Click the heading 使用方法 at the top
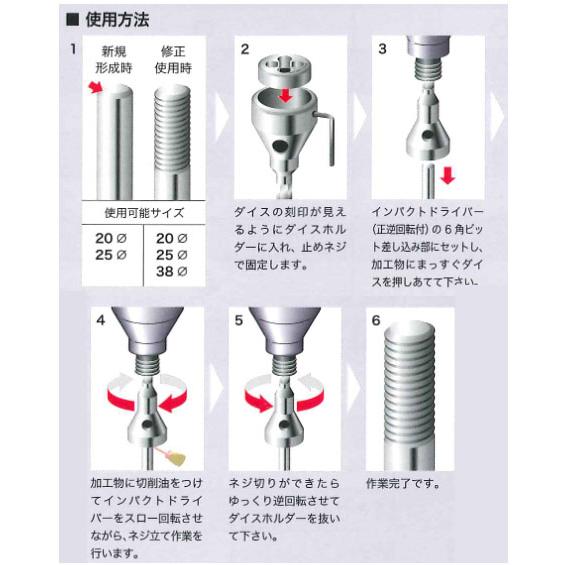coord(112,18)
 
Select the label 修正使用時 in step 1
coord(176,59)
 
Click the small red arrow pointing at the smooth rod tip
coord(96,90)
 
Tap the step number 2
coord(243,48)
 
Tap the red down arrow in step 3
coord(449,177)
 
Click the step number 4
coord(99,321)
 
